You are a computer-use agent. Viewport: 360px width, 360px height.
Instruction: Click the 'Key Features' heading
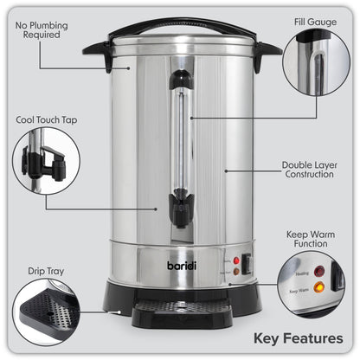[x=299, y=337]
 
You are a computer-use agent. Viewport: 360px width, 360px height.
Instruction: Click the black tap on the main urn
[x=180, y=209]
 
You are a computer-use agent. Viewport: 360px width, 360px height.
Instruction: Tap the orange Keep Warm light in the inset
[x=319, y=286]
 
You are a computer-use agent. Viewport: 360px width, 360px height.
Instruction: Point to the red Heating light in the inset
[x=319, y=270]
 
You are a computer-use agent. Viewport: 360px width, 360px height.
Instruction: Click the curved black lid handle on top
[x=181, y=25]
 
